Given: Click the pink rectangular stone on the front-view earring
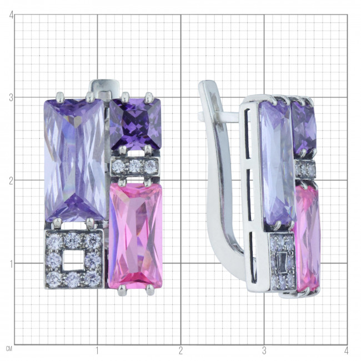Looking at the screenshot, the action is click(136, 235).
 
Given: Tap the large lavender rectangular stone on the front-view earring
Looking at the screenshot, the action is click(75, 160).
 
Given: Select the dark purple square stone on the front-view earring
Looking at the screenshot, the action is click(136, 124).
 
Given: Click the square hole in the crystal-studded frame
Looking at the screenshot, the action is click(73, 260).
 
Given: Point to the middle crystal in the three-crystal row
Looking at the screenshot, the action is click(135, 166).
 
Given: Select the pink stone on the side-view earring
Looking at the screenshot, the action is click(307, 238).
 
